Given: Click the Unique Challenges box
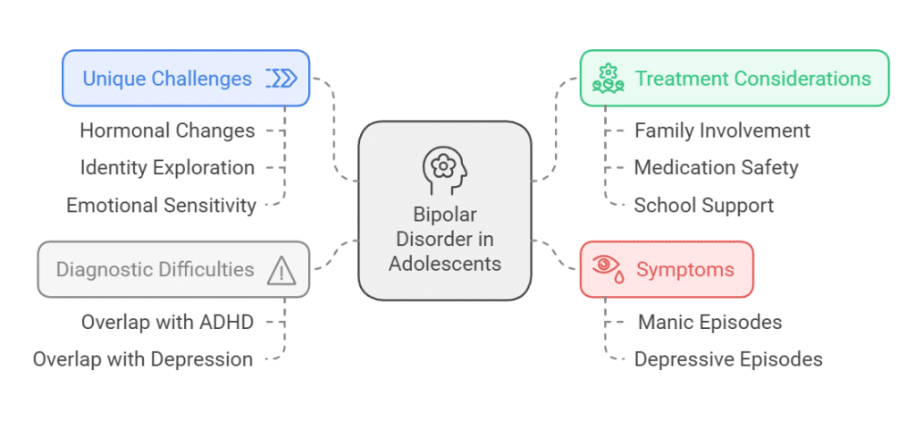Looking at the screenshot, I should (186, 78).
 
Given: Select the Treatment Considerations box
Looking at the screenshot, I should (734, 78).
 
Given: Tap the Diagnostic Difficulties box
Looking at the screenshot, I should (173, 269).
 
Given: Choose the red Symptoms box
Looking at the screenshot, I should (667, 269).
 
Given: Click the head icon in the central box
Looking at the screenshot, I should (444, 168).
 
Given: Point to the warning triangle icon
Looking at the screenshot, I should (281, 270).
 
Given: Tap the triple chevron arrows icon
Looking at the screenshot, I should (281, 79).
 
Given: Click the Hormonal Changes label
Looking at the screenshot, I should (167, 131).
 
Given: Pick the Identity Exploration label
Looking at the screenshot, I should (167, 167).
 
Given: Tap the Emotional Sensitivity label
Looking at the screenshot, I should (161, 206).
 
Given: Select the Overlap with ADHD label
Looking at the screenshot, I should (168, 322).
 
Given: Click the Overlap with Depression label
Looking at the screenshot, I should (143, 359).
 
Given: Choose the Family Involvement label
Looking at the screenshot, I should (722, 131).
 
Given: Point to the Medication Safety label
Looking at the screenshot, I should (716, 167).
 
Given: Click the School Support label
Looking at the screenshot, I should (703, 206).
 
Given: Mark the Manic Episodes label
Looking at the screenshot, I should (709, 322).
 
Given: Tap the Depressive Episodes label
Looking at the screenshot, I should (728, 359).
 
